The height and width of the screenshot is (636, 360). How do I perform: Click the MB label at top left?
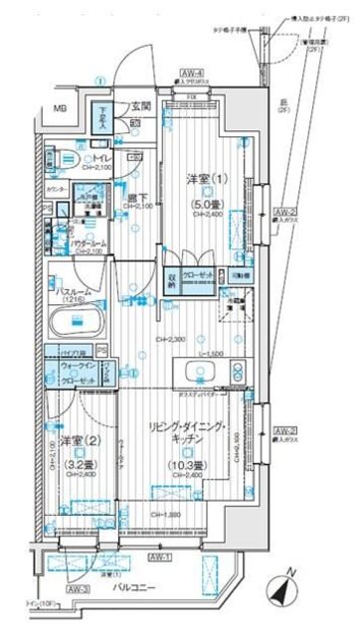[60, 107]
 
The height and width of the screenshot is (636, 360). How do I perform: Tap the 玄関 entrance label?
[138, 105]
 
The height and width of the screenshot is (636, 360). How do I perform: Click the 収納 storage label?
[170, 280]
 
